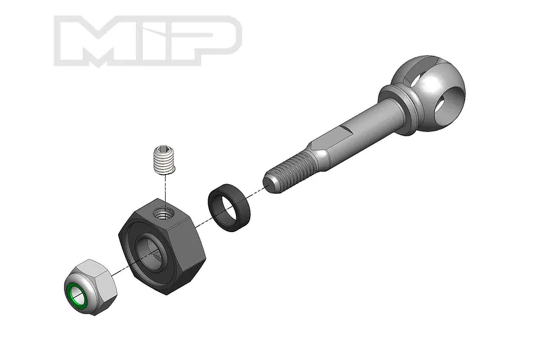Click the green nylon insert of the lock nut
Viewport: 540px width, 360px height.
coord(79,293)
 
